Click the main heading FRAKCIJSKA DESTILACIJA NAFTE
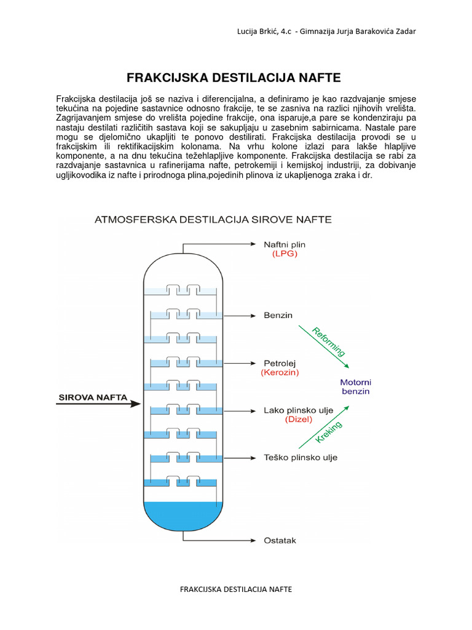click(x=233, y=78)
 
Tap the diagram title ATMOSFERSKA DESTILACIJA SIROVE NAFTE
click(x=212, y=220)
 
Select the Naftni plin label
click(x=284, y=244)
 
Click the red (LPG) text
click(x=285, y=253)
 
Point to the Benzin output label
click(x=278, y=316)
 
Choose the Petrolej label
click(x=280, y=363)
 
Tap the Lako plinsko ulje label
click(x=297, y=410)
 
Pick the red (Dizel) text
click(x=299, y=420)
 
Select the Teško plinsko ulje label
click(x=300, y=458)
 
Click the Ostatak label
click(x=280, y=541)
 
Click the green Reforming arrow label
click(x=329, y=342)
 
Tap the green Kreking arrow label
click(x=329, y=433)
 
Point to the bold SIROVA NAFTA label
click(x=93, y=397)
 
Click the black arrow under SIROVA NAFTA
click(x=98, y=405)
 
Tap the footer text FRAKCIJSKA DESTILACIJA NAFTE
click(x=235, y=589)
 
